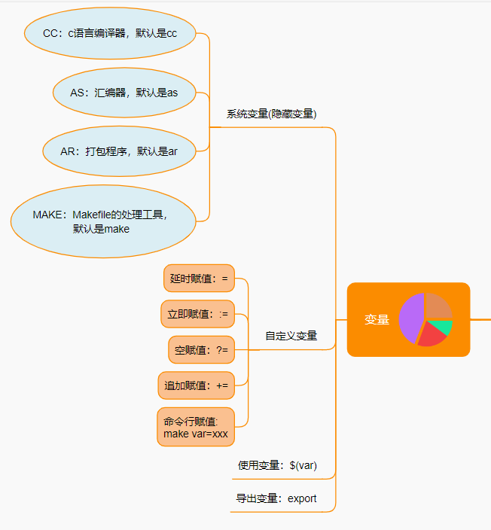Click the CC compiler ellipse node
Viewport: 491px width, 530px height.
110,33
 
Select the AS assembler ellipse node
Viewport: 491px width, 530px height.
124,93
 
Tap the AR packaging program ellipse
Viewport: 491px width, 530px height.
119,151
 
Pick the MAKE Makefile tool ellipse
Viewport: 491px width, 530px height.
102,221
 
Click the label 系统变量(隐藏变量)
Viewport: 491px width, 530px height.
271,114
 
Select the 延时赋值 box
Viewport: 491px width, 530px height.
199,279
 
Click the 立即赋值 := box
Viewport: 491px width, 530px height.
198,314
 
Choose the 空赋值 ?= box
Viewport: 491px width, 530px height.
201,349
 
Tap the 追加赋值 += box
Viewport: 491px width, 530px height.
197,385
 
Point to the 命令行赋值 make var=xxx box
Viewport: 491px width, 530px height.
196,428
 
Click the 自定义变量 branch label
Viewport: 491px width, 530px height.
291,336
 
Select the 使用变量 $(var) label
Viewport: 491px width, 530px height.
277,465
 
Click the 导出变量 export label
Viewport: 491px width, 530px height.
276,498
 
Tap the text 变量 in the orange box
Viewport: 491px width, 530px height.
377,320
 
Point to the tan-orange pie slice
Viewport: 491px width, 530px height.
438,307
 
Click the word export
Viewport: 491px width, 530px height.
302,498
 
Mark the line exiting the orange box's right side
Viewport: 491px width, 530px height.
480,319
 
